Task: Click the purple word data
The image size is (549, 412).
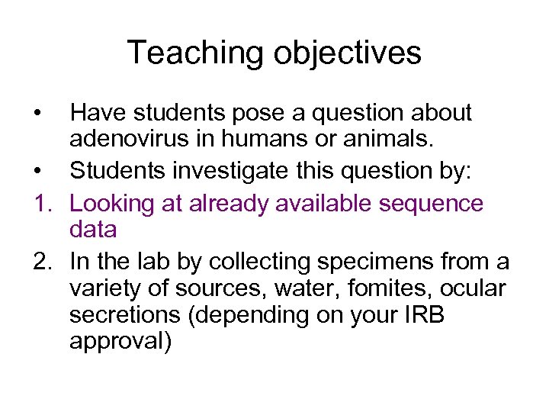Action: tap(92, 230)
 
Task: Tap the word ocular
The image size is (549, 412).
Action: tap(473, 288)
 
